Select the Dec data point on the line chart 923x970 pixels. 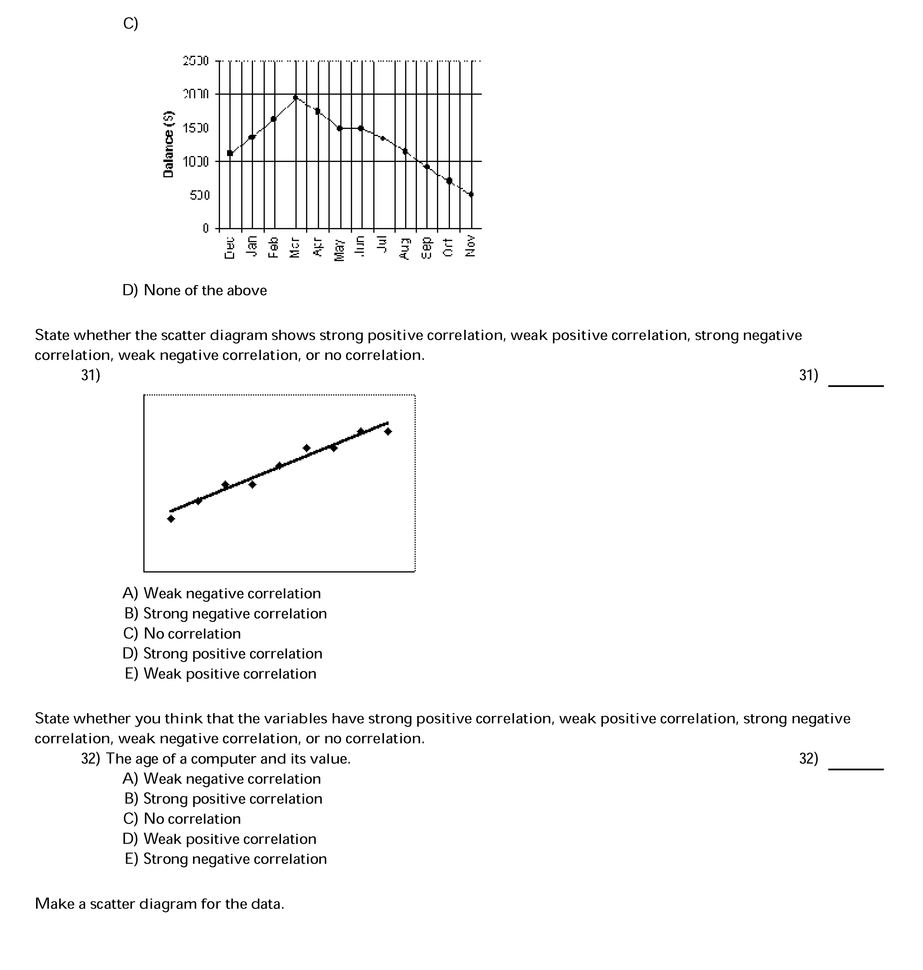(230, 153)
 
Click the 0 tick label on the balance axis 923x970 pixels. (206, 228)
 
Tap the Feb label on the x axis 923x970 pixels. (273, 247)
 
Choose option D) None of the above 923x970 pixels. (195, 290)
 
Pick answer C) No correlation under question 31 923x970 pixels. (182, 633)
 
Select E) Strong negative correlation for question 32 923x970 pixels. (225, 859)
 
